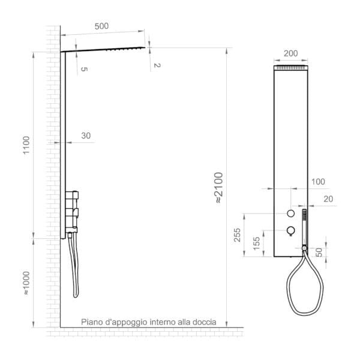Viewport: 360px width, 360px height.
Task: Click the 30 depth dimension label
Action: (x=86, y=136)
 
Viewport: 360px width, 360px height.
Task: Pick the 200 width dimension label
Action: (x=291, y=53)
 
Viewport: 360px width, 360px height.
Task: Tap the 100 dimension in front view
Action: (x=317, y=181)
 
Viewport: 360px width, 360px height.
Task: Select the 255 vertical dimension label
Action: (x=238, y=235)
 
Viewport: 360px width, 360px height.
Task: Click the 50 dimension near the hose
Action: (x=319, y=252)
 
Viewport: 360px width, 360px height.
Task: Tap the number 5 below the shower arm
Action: (x=84, y=70)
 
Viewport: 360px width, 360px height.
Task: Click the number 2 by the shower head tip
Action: (x=156, y=64)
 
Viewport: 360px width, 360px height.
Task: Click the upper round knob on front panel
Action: (x=291, y=214)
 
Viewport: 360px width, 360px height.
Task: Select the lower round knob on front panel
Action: (x=291, y=230)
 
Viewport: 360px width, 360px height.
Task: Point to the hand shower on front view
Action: (x=305, y=225)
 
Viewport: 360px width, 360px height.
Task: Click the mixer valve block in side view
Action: (x=73, y=210)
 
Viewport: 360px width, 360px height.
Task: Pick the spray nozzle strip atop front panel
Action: (x=291, y=69)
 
